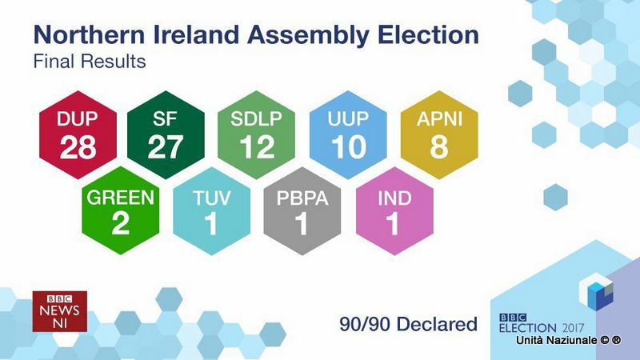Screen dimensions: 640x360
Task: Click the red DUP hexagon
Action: pyautogui.click(x=78, y=134)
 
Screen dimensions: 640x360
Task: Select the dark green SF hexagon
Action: pyautogui.click(x=166, y=134)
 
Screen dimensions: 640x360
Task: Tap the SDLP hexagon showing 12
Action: pyautogui.click(x=256, y=134)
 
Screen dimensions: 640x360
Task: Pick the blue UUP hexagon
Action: pyautogui.click(x=348, y=134)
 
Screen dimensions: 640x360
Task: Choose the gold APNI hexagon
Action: pyautogui.click(x=439, y=134)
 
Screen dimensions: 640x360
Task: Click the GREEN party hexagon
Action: pyautogui.click(x=121, y=210)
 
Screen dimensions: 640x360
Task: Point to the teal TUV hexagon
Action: pyautogui.click(x=212, y=210)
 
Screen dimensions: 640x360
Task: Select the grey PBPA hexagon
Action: pyautogui.click(x=302, y=210)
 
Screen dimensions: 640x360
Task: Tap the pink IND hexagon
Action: pyautogui.click(x=394, y=210)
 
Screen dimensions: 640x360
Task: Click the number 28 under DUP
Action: pyautogui.click(x=78, y=147)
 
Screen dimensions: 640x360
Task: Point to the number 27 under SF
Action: pyautogui.click(x=166, y=147)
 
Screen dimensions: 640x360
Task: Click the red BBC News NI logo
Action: pyautogui.click(x=59, y=311)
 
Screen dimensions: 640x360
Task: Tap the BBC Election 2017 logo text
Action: pyautogui.click(x=542, y=323)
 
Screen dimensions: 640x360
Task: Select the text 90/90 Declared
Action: pyautogui.click(x=408, y=324)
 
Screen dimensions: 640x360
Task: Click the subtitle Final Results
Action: pyautogui.click(x=90, y=62)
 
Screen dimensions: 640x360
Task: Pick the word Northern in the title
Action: pyautogui.click(x=90, y=34)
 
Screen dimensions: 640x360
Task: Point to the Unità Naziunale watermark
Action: pyautogui.click(x=568, y=340)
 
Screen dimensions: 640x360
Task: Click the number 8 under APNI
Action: pyautogui.click(x=439, y=147)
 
